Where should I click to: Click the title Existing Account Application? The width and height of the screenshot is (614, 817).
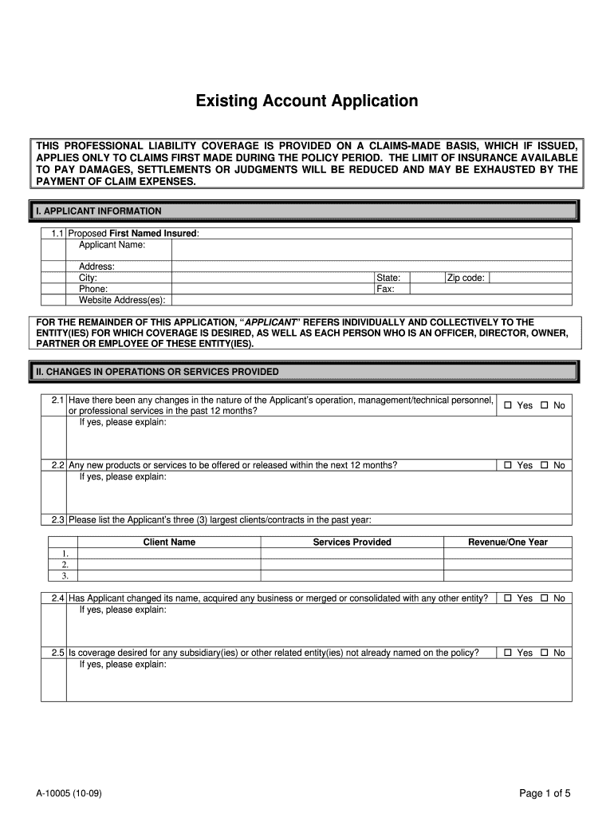tap(307, 101)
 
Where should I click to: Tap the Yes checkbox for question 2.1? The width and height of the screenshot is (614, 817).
tap(508, 405)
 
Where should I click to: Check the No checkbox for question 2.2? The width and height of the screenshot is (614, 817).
tap(545, 465)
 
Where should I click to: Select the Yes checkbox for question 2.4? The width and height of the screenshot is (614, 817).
tap(508, 598)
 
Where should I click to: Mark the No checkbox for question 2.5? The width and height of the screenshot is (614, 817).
tap(545, 653)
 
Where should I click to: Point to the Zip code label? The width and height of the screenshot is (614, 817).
tap(466, 278)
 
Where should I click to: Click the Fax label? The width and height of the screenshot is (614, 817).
tap(386, 289)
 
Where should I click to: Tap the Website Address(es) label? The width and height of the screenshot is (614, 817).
tap(122, 300)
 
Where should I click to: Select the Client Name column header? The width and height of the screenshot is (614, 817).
tap(169, 543)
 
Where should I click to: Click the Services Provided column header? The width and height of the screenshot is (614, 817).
tap(352, 543)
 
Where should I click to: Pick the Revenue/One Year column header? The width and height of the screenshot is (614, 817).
tap(507, 543)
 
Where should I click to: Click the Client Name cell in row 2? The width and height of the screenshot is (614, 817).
tap(169, 564)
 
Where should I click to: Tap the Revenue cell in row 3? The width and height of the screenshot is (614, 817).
tap(507, 575)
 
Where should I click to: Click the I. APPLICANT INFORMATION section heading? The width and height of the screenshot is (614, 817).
tap(99, 211)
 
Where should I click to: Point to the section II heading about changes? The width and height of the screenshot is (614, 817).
tap(156, 372)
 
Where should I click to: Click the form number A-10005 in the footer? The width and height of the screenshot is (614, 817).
tap(68, 794)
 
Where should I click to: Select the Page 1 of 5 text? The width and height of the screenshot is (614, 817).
tap(545, 793)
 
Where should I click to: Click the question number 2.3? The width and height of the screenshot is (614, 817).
tap(57, 519)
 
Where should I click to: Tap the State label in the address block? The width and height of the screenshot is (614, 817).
tap(388, 278)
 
